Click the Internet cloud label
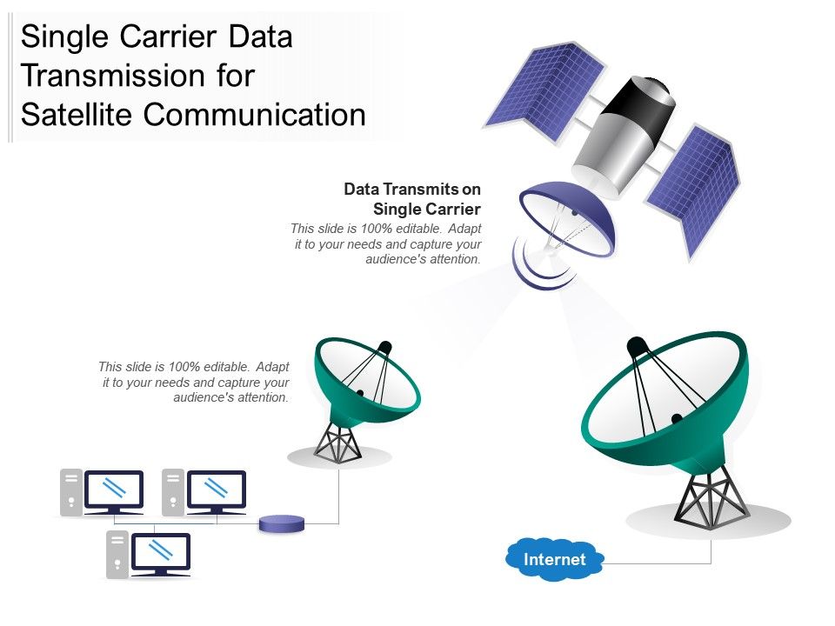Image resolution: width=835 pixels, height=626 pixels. point(554,559)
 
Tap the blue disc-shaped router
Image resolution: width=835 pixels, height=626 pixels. point(282,523)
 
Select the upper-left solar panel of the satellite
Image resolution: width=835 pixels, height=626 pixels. point(544,91)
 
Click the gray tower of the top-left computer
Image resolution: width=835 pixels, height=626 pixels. point(71,492)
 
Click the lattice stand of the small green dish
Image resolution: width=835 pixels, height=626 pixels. point(337,442)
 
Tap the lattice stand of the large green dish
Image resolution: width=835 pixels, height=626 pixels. point(711,497)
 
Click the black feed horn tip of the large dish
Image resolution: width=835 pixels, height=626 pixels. point(637,347)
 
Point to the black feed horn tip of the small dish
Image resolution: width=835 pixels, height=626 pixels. point(384,347)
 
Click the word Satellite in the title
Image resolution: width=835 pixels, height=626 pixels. point(77,114)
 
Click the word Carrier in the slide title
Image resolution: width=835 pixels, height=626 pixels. point(168,37)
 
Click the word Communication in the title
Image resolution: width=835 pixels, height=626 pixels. point(255,114)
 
